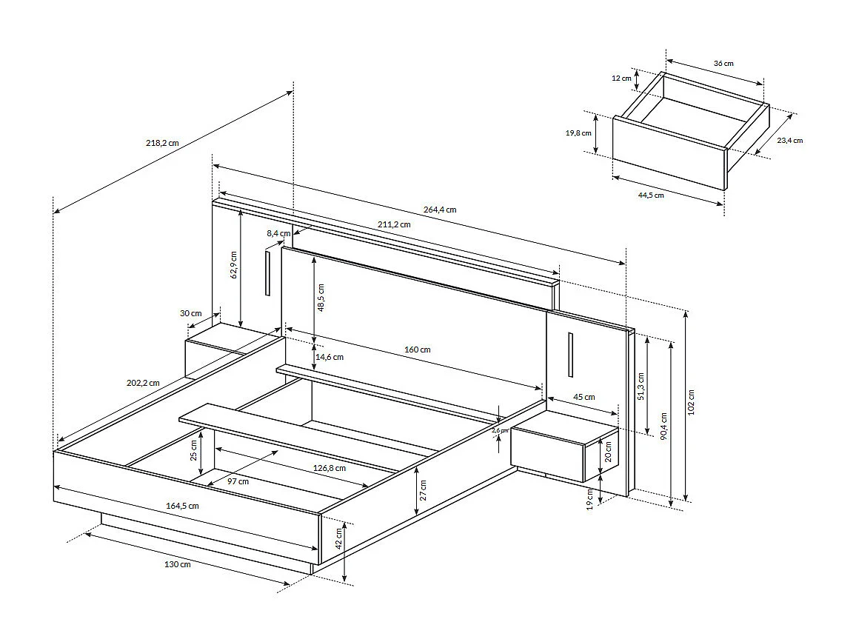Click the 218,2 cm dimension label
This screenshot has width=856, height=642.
pyautogui.click(x=162, y=143)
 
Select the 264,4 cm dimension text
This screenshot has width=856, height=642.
pyautogui.click(x=440, y=210)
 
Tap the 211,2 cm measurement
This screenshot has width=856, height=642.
pyautogui.click(x=395, y=224)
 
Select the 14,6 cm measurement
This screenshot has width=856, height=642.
pyautogui.click(x=330, y=357)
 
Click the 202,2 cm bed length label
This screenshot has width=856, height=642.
pyautogui.click(x=143, y=383)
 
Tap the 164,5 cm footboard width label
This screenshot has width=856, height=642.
pyautogui.click(x=182, y=506)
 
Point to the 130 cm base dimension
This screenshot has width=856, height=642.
pyautogui.click(x=177, y=564)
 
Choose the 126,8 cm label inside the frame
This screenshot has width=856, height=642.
pyautogui.click(x=330, y=467)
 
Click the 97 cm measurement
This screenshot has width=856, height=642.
pyautogui.click(x=238, y=481)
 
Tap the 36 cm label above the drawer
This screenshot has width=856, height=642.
pyautogui.click(x=723, y=64)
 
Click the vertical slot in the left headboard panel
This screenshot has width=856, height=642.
pyautogui.click(x=267, y=273)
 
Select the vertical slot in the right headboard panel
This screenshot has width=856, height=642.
pyautogui.click(x=570, y=355)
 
